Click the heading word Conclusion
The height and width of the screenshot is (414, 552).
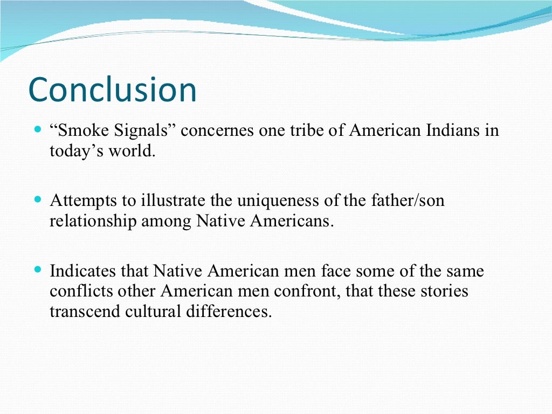click(x=112, y=89)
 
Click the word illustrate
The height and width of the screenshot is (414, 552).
click(x=171, y=201)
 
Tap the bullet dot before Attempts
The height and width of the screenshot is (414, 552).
click(x=37, y=199)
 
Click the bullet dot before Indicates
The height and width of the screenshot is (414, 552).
click(x=37, y=268)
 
